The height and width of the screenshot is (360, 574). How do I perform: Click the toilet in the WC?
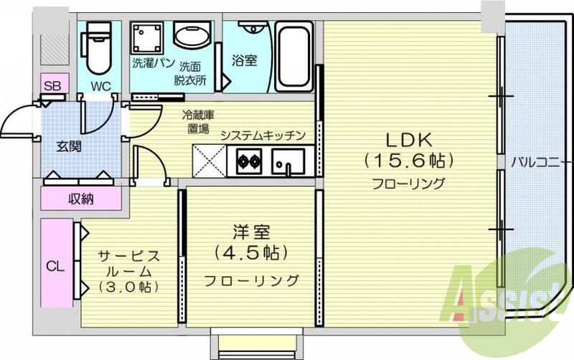point(95,47)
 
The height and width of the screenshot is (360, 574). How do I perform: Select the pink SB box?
point(52,86)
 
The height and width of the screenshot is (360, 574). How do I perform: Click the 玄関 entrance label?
point(70,146)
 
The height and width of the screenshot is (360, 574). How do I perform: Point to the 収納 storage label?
point(81,199)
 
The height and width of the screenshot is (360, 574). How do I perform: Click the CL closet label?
point(55,266)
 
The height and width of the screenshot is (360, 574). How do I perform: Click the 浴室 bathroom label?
point(244,61)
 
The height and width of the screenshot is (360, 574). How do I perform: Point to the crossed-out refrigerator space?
point(209,160)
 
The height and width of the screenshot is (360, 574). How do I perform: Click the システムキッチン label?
point(263,135)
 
